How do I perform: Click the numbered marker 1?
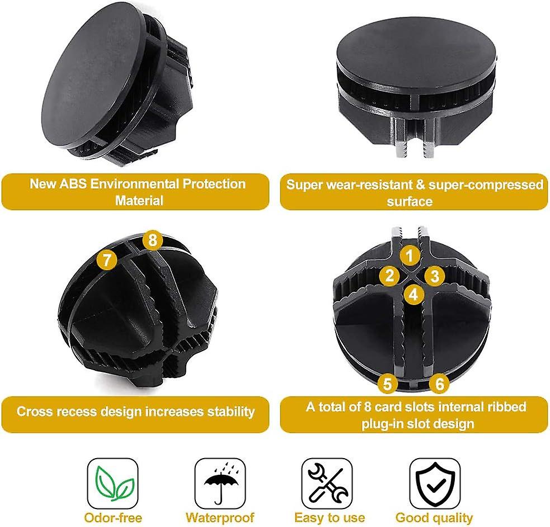pyautogui.click(x=410, y=256)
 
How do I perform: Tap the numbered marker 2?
pyautogui.click(x=389, y=275)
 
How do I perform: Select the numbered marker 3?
pyautogui.click(x=434, y=275)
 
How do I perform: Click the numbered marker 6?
pyautogui.click(x=440, y=384)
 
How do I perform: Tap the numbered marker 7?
pyautogui.click(x=107, y=260)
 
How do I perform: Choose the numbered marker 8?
pyautogui.click(x=152, y=241)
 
